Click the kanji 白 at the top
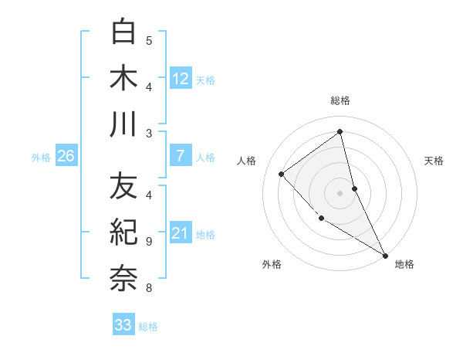click(x=123, y=32)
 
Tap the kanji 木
click(x=123, y=78)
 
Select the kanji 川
click(x=123, y=124)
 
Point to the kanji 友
click(x=123, y=186)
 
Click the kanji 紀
click(x=123, y=232)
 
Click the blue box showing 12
click(x=181, y=78)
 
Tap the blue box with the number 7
click(x=181, y=156)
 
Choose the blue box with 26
click(x=66, y=156)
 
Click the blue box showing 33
click(x=123, y=325)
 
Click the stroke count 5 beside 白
click(x=149, y=40)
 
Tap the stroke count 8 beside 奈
click(x=149, y=289)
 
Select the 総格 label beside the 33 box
click(x=148, y=327)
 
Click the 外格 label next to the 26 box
click(x=41, y=158)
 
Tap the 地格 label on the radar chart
click(x=404, y=264)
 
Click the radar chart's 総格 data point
click(x=340, y=131)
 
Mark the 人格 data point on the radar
click(x=282, y=174)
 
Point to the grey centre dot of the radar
click(x=340, y=192)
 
